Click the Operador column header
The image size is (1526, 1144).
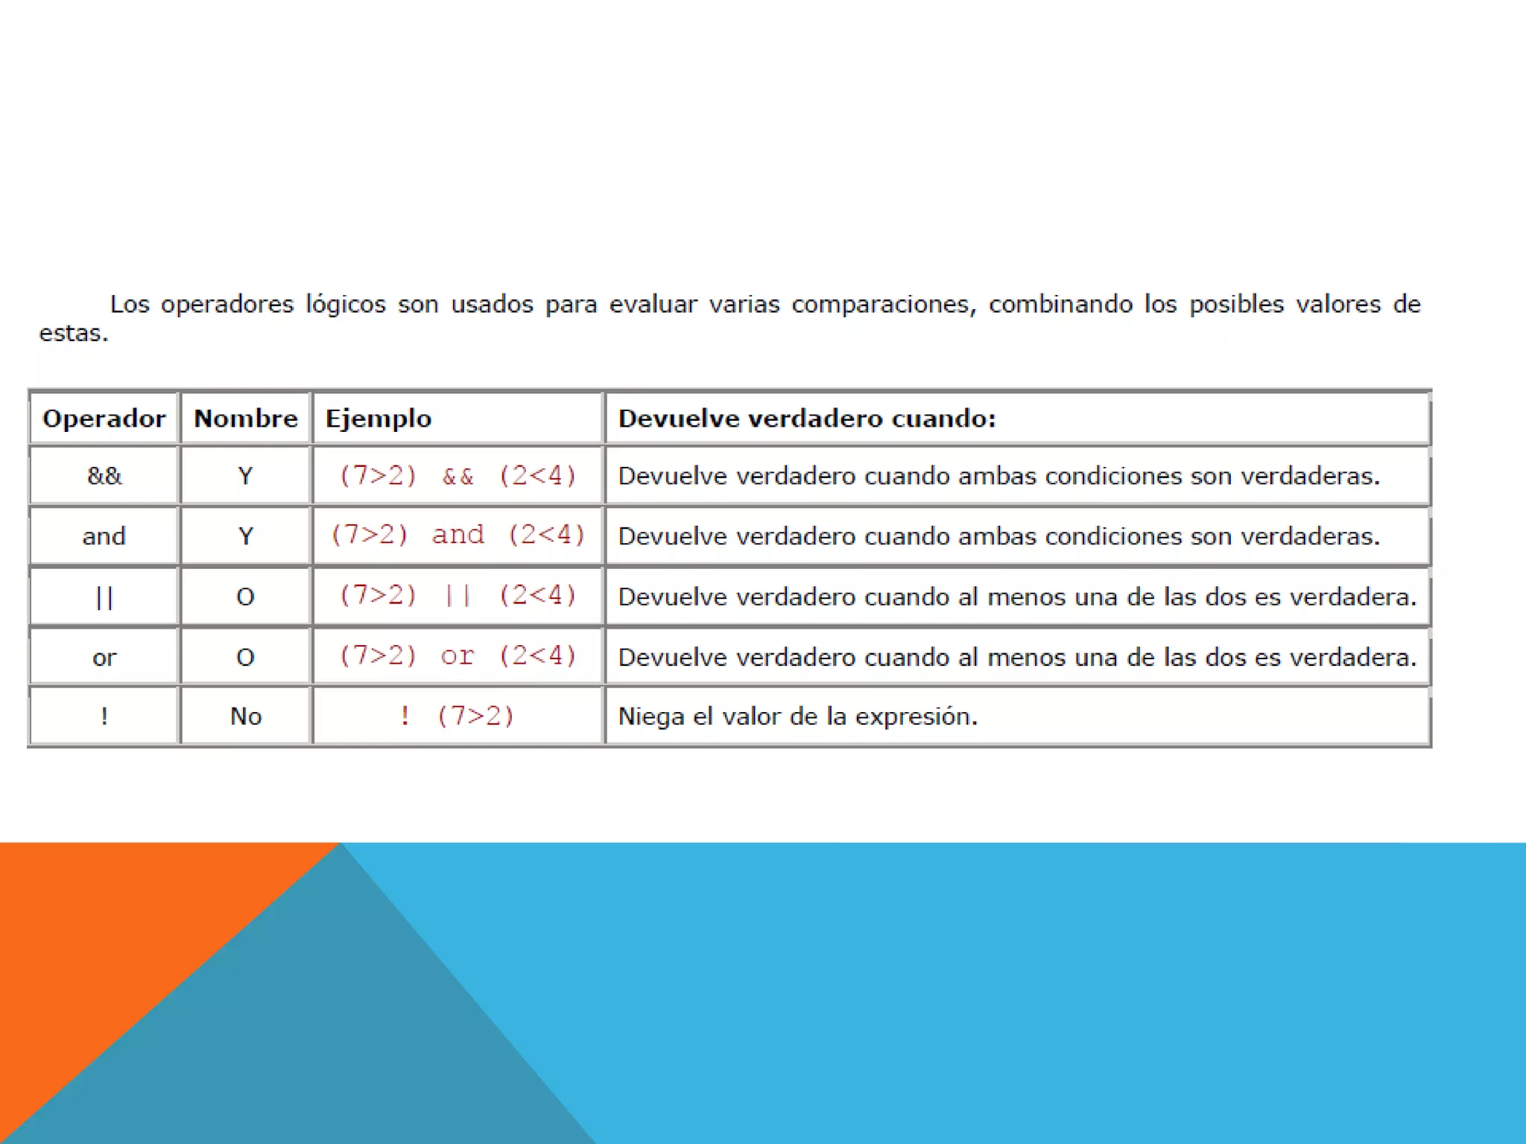104,419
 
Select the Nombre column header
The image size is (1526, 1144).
245,419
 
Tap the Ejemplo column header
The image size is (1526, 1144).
379,419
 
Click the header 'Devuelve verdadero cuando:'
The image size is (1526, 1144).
807,419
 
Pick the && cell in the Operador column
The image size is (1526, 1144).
104,476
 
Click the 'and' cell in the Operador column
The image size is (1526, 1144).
104,536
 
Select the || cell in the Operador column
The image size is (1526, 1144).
104,597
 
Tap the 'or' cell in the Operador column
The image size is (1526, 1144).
104,657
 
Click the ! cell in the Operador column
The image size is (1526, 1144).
104,716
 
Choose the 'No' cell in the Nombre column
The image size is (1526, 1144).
245,716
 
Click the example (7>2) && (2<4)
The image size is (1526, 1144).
458,476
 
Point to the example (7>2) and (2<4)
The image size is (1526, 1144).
458,535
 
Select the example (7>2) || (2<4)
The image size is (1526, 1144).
458,595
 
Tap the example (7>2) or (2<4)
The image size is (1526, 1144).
458,655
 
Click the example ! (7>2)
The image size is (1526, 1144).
458,716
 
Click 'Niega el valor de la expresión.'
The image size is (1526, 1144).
797,716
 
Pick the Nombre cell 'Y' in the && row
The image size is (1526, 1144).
245,476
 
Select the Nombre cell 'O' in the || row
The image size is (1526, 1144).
245,597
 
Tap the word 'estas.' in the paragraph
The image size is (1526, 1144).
74,333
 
